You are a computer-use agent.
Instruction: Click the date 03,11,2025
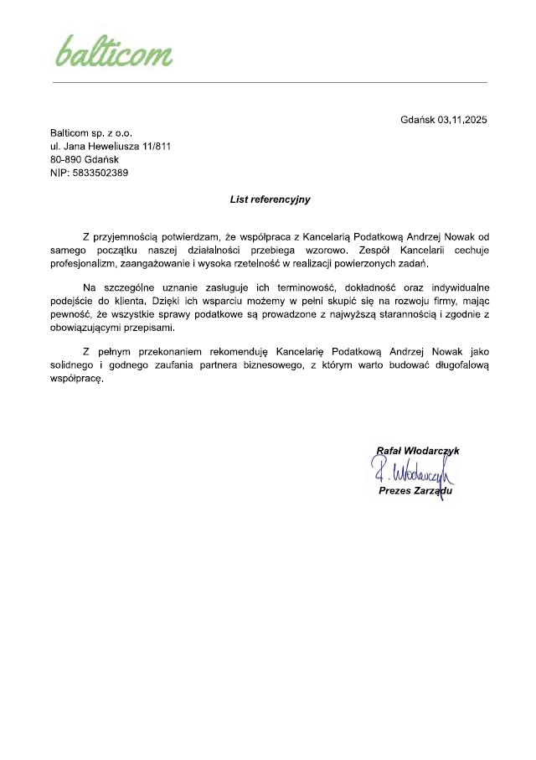click(461, 120)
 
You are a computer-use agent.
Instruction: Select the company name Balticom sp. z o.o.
click(91, 133)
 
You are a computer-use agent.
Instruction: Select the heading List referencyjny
click(270, 199)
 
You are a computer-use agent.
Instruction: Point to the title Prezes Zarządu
click(415, 491)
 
